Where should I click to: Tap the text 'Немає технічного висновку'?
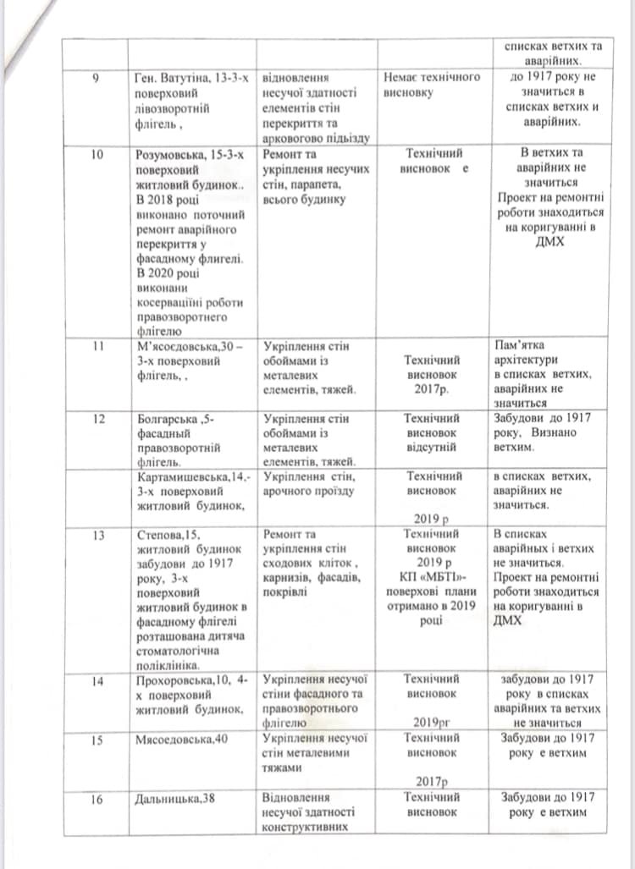(x=432, y=84)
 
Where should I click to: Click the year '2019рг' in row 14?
(x=432, y=723)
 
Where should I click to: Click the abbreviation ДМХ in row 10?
(x=549, y=242)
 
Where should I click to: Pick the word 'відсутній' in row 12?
(x=432, y=445)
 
